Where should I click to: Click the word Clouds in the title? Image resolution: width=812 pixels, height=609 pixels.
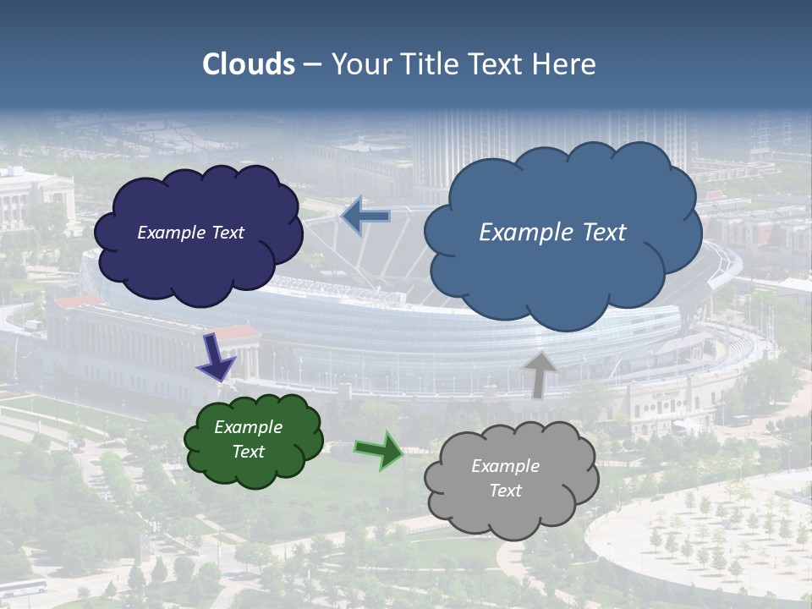tap(249, 64)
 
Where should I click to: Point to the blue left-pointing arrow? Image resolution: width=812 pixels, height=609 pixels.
tap(365, 216)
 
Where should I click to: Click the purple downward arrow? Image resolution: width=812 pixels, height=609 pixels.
tap(217, 358)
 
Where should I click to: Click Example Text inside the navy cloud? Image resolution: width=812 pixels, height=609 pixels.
tap(190, 233)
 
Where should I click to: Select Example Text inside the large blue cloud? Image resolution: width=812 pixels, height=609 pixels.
tap(552, 233)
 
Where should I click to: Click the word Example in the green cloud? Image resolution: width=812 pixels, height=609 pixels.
tap(248, 427)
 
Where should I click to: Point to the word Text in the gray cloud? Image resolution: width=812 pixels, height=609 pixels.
tap(505, 491)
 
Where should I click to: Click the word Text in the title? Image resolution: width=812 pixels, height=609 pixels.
tap(499, 64)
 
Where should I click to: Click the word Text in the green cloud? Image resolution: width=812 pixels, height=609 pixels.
tap(248, 452)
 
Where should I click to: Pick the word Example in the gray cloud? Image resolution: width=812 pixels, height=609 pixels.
tap(505, 466)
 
